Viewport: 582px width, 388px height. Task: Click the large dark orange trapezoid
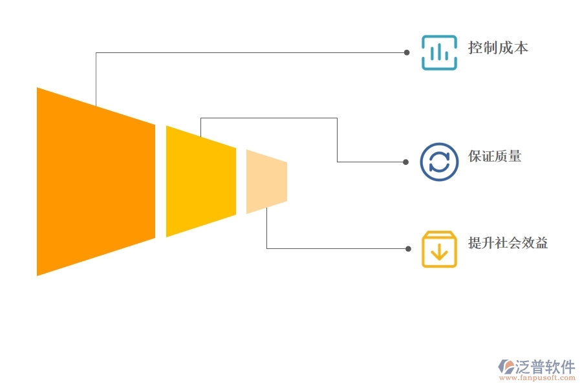point(96,181)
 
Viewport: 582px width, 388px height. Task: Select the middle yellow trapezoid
point(200,181)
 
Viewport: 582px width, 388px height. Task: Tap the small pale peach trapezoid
point(266,181)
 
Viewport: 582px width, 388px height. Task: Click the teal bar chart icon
point(439,52)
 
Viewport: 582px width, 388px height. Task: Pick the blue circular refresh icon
point(439,161)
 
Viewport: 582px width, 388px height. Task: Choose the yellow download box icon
point(439,249)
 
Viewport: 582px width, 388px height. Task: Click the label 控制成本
point(498,48)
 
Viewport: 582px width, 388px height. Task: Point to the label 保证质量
point(495,156)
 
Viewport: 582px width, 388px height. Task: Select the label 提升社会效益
point(508,243)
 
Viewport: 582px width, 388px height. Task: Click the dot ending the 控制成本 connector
point(407,52)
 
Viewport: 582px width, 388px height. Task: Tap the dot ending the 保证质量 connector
point(407,162)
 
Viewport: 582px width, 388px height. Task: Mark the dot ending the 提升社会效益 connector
point(408,248)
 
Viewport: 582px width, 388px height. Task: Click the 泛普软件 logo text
point(545,367)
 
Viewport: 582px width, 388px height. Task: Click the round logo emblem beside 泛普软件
point(506,367)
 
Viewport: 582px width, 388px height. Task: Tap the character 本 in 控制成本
point(521,48)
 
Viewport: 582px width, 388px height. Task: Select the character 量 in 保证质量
point(515,156)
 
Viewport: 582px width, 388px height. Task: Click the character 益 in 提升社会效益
point(541,243)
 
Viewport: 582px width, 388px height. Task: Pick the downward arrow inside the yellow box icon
point(439,252)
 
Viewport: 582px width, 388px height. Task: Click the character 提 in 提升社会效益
point(475,243)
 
